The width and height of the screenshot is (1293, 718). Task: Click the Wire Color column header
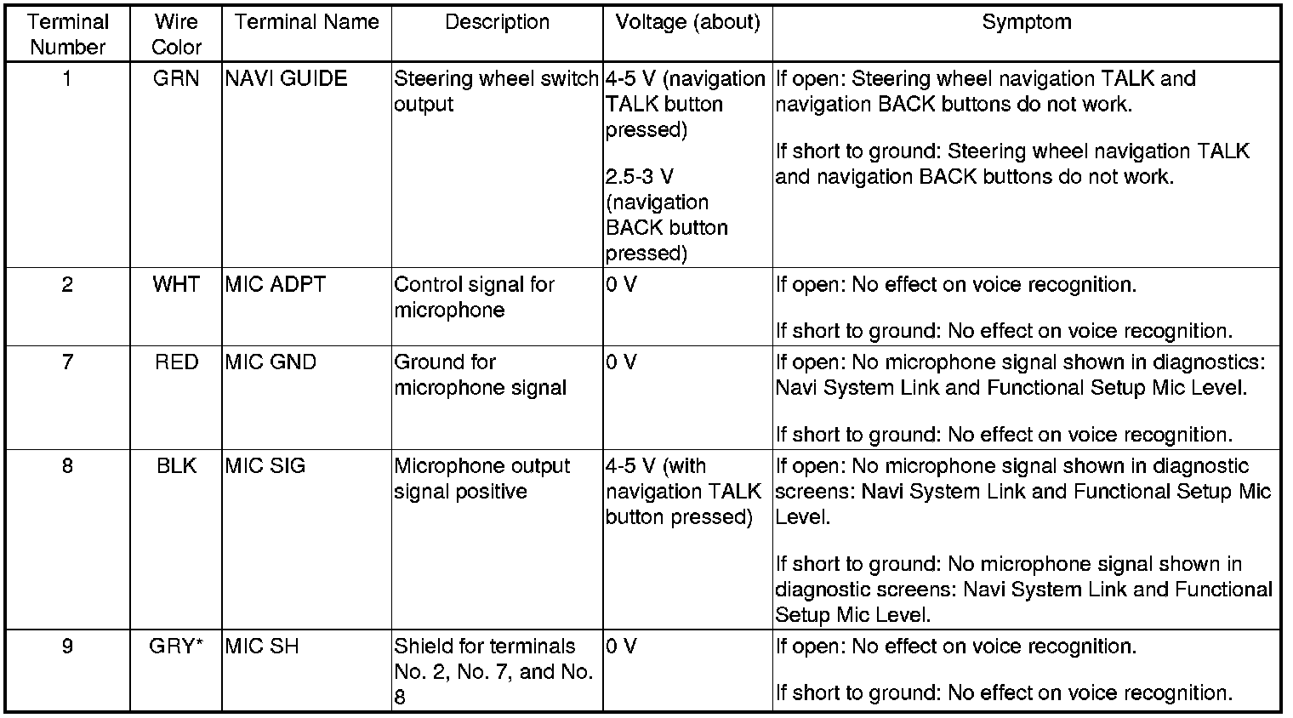pos(176,34)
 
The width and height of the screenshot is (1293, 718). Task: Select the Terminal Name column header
pos(306,22)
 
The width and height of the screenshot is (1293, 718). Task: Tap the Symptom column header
pos(1026,22)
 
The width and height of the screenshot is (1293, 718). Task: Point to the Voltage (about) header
pos(687,22)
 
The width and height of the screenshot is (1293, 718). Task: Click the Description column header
pos(497,22)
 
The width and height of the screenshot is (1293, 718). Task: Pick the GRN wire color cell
pos(176,79)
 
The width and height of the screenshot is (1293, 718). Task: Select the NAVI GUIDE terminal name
pos(286,79)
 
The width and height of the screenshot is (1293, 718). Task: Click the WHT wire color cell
pos(176,284)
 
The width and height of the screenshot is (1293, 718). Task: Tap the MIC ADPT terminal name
pos(275,284)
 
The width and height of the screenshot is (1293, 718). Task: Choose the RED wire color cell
pos(176,362)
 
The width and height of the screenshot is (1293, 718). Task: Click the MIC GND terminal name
pos(271,362)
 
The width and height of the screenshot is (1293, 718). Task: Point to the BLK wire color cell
pos(176,466)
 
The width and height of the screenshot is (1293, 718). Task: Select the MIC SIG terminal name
pos(265,466)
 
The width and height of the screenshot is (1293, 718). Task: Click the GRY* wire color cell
pos(176,647)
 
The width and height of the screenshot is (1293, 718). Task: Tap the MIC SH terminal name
pos(262,647)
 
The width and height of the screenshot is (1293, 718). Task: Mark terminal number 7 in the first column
pos(67,362)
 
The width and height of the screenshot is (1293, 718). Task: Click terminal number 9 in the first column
pos(67,647)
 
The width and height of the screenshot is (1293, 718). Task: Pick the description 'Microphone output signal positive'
pos(481,479)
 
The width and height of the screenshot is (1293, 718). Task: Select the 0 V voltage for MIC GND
pos(621,362)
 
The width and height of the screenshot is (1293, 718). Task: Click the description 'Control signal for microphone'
pos(474,297)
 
